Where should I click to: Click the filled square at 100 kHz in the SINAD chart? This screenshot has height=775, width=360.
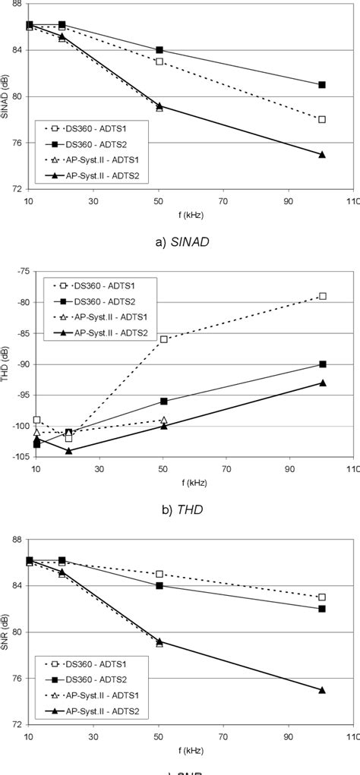[322, 85]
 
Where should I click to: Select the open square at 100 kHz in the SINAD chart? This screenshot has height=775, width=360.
[322, 119]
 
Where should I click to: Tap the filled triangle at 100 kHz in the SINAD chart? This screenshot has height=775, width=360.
[322, 154]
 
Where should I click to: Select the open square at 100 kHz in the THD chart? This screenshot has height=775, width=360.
[322, 296]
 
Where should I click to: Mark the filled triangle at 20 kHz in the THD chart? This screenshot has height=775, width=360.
[69, 451]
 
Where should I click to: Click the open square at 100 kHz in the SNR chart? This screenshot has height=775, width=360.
[322, 597]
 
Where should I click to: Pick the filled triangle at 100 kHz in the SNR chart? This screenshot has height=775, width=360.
[322, 690]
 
